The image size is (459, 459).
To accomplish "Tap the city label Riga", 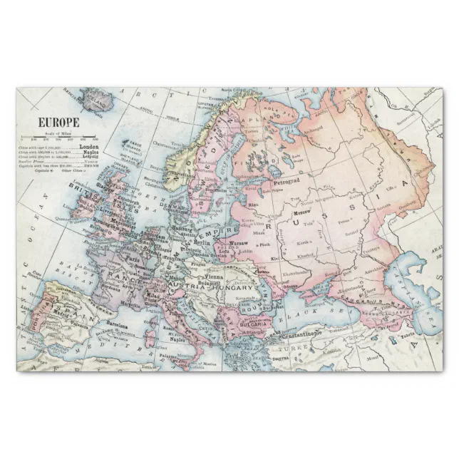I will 252,205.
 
